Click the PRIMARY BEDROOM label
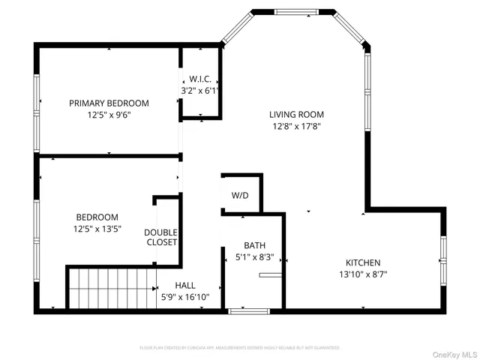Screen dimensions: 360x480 click(109, 103)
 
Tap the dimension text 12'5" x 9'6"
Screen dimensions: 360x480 click(109, 115)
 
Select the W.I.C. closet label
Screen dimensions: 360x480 click(199, 79)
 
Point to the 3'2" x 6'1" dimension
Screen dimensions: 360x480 click(199, 90)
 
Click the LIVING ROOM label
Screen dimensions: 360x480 click(296, 115)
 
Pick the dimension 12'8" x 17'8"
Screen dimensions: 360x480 click(296, 127)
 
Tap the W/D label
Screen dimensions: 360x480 click(240, 195)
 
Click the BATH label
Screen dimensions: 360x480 click(254, 245)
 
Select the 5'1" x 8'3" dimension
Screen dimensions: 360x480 click(254, 257)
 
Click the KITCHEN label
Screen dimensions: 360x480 click(362, 262)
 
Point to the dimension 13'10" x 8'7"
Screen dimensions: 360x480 click(362, 274)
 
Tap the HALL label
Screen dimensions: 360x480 click(185, 285)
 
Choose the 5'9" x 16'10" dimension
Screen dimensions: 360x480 click(185, 297)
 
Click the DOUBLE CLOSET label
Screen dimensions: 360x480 click(160, 237)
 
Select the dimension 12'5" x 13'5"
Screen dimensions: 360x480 click(97, 229)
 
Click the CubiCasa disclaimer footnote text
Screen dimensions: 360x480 click(240, 348)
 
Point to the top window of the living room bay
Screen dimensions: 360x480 click(295, 11)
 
